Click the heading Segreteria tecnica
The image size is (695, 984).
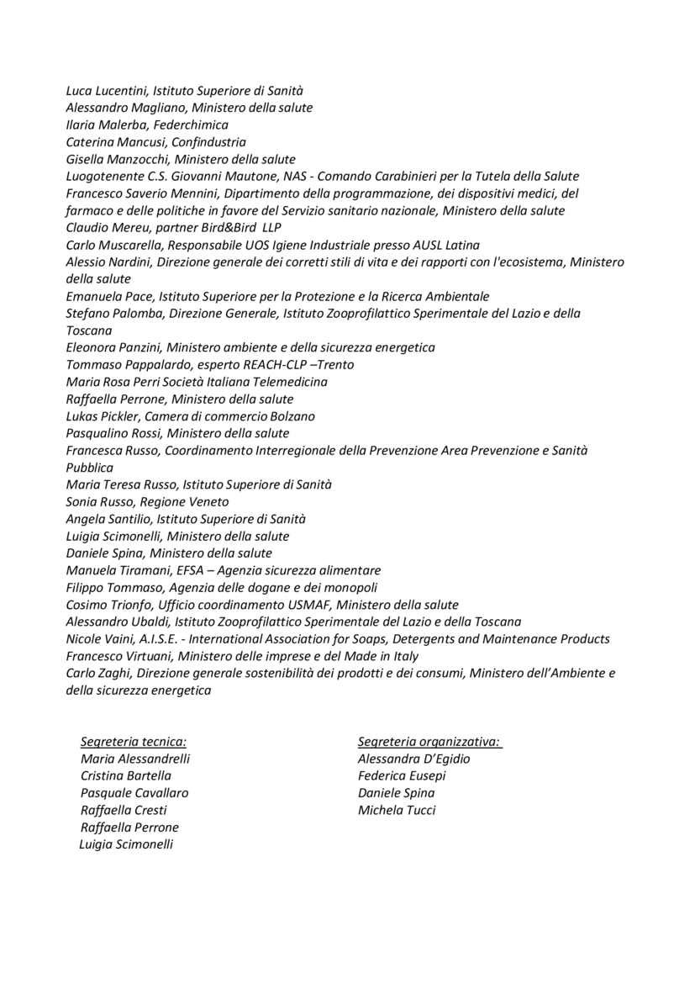click(133, 741)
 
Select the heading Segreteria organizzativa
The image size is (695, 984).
click(429, 741)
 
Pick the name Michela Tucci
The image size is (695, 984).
click(397, 810)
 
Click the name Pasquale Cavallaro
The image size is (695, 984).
click(134, 792)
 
